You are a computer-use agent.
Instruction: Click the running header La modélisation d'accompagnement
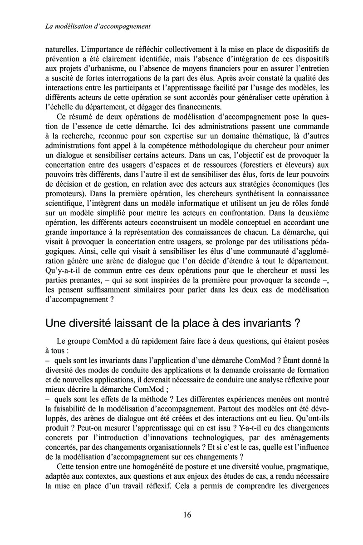tap(98, 27)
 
